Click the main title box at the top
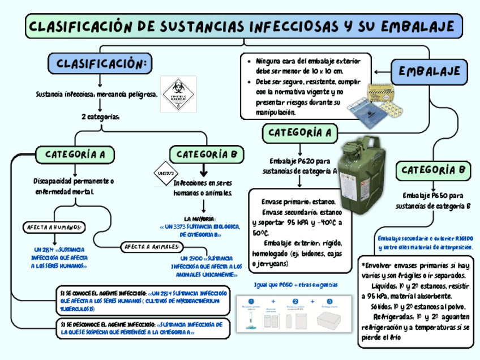click(244, 27)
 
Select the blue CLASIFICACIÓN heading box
click(100, 63)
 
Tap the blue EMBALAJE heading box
click(433, 71)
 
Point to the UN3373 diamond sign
click(165, 173)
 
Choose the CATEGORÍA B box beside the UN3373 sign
click(207, 154)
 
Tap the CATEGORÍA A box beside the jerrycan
click(299, 133)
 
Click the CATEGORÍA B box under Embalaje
click(434, 170)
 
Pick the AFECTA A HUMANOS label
click(54, 228)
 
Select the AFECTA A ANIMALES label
click(152, 246)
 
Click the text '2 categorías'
click(100, 117)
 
